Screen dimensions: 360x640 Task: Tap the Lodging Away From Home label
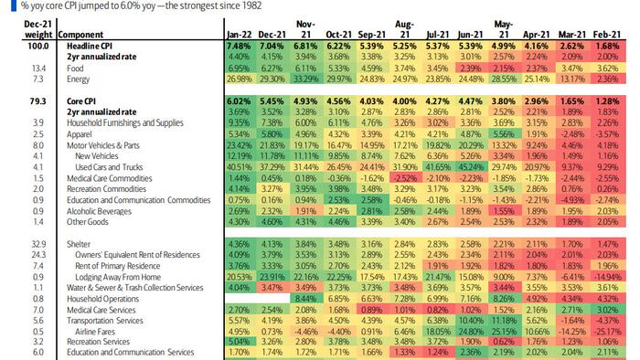point(115,275)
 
